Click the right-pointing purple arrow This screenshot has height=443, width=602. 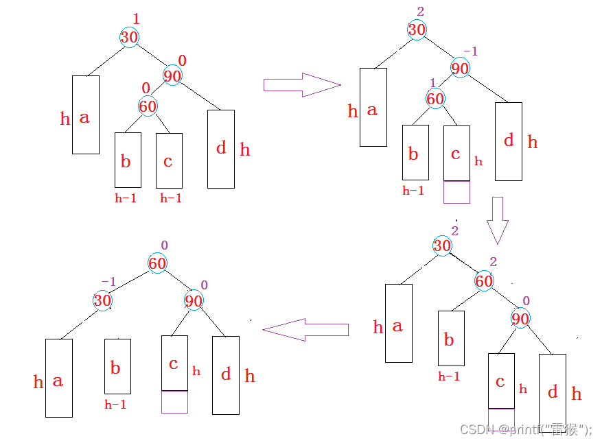301,85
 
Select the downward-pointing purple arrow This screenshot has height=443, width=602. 498,220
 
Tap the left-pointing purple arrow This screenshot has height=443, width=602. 305,330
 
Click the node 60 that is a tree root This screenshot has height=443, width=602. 157,263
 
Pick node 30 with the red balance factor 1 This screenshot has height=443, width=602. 129,37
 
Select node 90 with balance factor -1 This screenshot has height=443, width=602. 460,68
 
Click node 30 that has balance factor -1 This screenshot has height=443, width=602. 102,300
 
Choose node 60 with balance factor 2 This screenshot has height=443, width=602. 484,281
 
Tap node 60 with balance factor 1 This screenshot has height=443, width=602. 435,99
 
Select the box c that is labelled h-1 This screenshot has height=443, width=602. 169,160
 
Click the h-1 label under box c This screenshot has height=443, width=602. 171,198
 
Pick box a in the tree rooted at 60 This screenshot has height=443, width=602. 58,377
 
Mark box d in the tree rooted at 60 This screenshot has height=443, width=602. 226,375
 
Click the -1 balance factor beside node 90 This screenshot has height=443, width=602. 470,51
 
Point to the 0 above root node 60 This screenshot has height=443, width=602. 164,245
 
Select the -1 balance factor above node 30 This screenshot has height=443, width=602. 108,282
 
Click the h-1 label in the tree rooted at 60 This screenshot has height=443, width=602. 115,405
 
